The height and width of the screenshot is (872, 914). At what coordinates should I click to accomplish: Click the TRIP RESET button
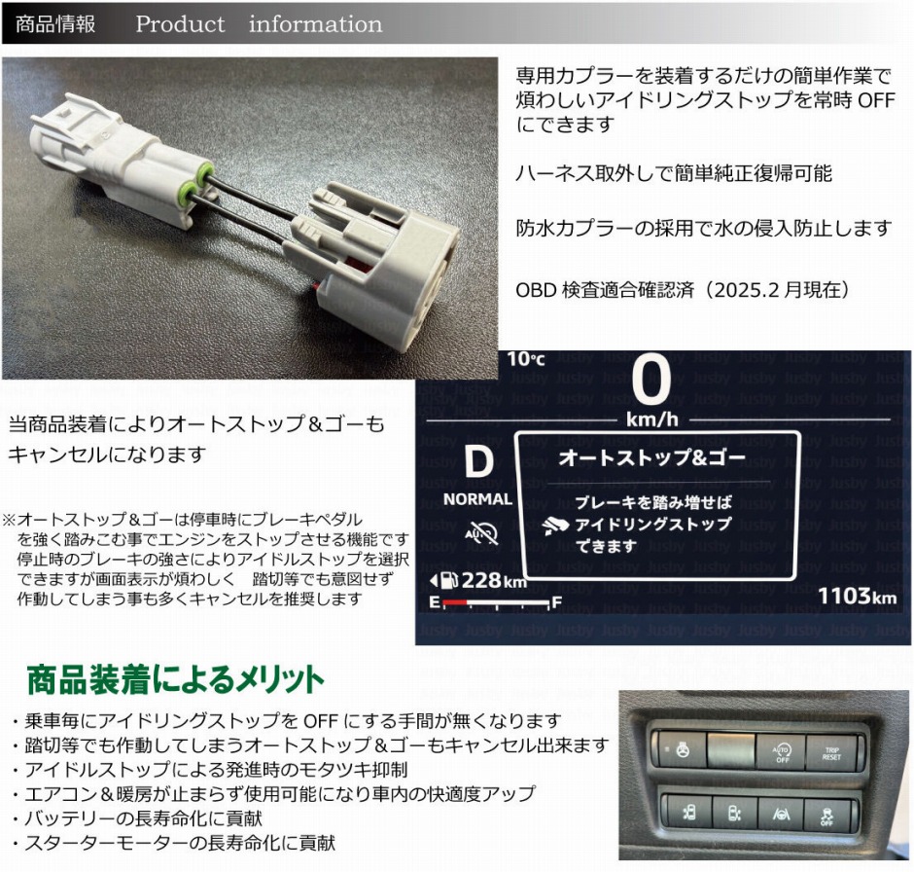[x=831, y=751]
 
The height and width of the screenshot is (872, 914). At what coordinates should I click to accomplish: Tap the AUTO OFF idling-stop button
[x=782, y=751]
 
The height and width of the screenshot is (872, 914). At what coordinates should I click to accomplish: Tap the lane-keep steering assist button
[x=781, y=812]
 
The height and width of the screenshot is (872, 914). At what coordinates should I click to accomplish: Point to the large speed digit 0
[x=650, y=382]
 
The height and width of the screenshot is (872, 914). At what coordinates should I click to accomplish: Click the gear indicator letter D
[x=477, y=462]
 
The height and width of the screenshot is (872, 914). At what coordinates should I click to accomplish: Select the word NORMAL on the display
[x=477, y=499]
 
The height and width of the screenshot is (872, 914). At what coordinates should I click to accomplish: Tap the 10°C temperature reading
[x=526, y=359]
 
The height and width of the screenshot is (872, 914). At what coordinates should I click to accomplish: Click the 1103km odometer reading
[x=857, y=596]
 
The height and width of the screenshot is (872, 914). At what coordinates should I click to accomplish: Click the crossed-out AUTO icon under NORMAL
[x=480, y=533]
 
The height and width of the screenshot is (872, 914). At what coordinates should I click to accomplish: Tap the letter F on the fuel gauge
[x=556, y=603]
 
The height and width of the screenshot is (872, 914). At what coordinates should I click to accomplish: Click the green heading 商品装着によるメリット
[x=175, y=677]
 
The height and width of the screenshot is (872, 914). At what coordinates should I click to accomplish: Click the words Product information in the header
[x=259, y=23]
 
